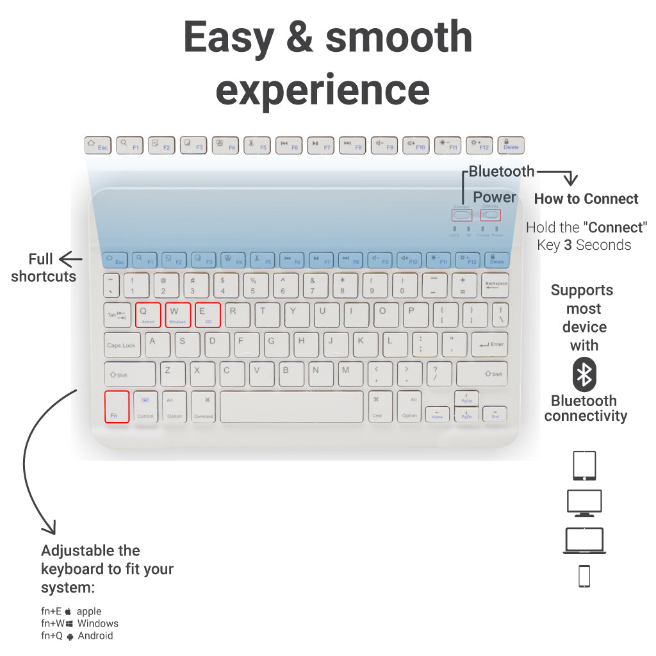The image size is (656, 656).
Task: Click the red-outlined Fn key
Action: pos(117,407)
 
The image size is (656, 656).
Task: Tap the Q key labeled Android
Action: pos(148,315)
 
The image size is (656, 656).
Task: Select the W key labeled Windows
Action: pos(177,315)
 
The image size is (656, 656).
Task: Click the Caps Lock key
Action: pos(122,345)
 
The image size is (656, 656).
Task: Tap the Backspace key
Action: pos(495,285)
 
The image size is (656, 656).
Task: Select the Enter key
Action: pos(489,345)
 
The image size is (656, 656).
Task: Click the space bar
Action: pos(291,407)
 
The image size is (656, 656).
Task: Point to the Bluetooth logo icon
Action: pos(584,375)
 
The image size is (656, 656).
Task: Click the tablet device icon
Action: pos(584,466)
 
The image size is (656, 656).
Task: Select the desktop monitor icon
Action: pos(584,503)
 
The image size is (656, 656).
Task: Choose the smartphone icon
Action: pos(584,576)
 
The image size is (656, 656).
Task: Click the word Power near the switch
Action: pos(495,197)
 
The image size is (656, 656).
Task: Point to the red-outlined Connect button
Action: pos(461,215)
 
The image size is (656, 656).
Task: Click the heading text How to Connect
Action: pos(586,199)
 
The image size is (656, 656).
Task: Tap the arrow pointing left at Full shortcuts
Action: pos(71,259)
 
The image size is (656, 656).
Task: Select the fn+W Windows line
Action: pos(80,623)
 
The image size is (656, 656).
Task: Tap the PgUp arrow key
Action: pos(466,398)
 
